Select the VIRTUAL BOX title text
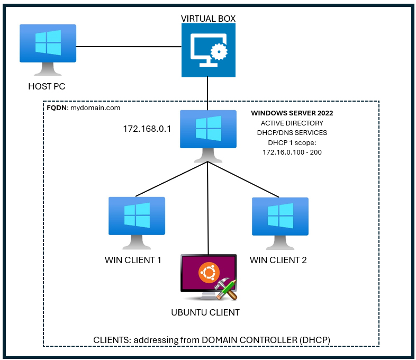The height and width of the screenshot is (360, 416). click(x=208, y=19)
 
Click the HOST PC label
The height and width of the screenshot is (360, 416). click(x=47, y=86)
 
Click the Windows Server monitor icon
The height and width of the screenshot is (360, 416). click(x=208, y=131)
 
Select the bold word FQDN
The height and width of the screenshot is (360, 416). click(x=57, y=107)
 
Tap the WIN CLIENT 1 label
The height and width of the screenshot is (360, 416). click(x=132, y=260)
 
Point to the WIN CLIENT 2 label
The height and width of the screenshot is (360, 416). click(x=278, y=260)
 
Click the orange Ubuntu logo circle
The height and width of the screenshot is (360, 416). click(x=209, y=273)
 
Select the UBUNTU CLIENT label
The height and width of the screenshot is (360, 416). click(x=205, y=312)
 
